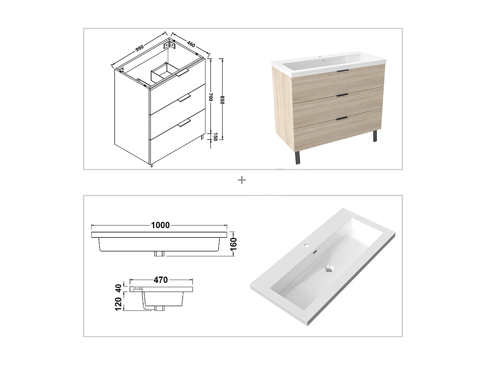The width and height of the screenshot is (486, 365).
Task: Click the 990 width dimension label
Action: [139, 48]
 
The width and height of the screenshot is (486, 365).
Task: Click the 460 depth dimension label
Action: [191, 44]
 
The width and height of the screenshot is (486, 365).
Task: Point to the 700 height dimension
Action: [211, 97]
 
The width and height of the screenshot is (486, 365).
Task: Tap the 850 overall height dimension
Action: [222, 100]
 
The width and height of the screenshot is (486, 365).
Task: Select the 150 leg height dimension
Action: [215, 137]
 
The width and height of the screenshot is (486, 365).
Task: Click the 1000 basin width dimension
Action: [160, 225]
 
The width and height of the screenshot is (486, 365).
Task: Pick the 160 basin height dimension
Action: [233, 244]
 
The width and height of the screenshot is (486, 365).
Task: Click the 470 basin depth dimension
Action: [161, 279]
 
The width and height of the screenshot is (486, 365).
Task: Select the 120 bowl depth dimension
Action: [119, 304]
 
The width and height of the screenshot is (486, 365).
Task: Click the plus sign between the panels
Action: [242, 180]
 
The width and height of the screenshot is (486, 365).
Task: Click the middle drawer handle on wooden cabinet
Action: [342, 95]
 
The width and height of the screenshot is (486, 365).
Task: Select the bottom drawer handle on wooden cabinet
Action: [342, 119]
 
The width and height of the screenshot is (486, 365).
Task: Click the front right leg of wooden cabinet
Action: [375, 136]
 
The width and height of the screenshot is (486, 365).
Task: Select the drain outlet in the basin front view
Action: [159, 253]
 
